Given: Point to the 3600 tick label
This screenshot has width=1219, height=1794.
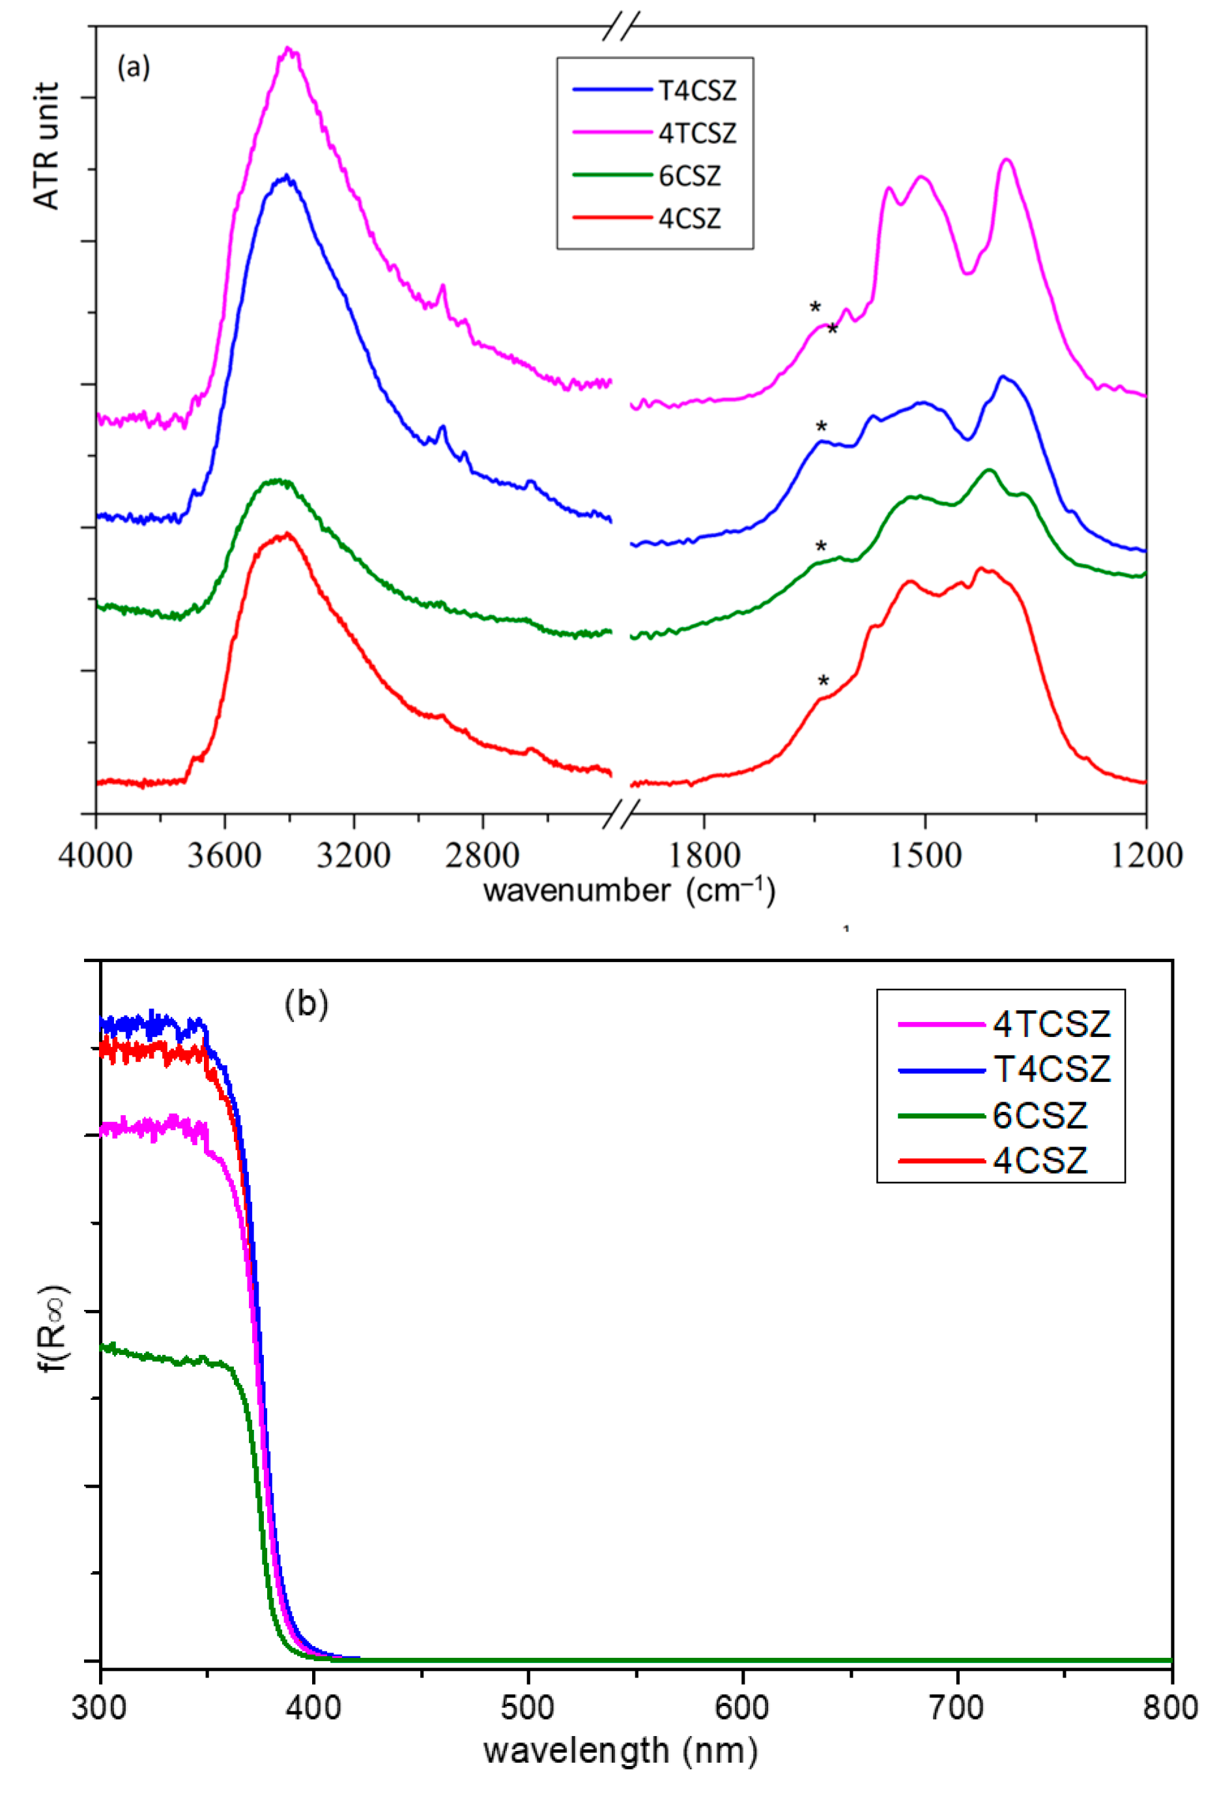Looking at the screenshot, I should pyautogui.click(x=225, y=856).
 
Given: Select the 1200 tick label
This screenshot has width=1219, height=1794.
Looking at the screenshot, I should pyautogui.click(x=1145, y=856).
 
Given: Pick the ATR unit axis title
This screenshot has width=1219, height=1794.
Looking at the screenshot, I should pyautogui.click(x=47, y=146).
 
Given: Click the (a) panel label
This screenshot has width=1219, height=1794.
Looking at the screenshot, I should pyautogui.click(x=134, y=67).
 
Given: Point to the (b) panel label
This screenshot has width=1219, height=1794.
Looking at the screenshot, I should pyautogui.click(x=306, y=1004).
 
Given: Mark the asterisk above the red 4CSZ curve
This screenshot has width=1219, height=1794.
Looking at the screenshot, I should pyautogui.click(x=823, y=681).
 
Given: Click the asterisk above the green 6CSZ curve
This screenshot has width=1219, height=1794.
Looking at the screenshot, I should pyautogui.click(x=821, y=547).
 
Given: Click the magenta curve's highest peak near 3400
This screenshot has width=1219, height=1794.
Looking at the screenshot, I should pyautogui.click(x=289, y=50).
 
